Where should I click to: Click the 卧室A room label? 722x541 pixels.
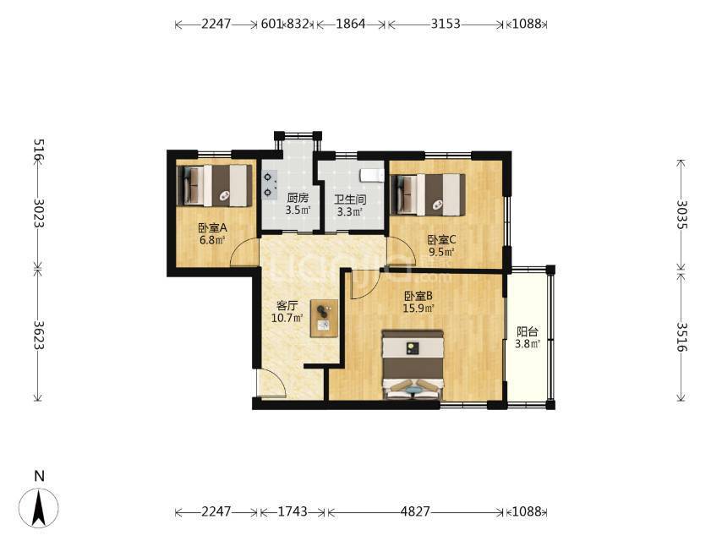[213, 228]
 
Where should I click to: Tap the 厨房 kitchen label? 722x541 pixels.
[298, 199]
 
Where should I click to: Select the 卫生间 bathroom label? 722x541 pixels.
[350, 199]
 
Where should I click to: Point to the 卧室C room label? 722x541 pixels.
[441, 240]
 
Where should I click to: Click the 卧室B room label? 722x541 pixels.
[418, 296]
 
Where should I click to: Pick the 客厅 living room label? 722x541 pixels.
[287, 306]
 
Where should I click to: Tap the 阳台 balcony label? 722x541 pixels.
[528, 331]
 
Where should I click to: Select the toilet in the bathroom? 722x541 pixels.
[372, 176]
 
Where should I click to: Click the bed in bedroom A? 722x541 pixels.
[215, 186]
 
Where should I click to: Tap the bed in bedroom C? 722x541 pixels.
[428, 194]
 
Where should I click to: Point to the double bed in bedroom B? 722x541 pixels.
[413, 364]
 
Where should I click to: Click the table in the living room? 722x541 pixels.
[324, 318]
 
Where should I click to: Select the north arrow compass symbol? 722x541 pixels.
[40, 507]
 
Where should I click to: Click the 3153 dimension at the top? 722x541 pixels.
[446, 24]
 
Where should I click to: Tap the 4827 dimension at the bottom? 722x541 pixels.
[415, 511]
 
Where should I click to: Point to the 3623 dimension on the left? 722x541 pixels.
[39, 335]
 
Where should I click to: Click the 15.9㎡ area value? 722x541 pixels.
[418, 308]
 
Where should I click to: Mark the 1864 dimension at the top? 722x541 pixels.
[350, 24]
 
